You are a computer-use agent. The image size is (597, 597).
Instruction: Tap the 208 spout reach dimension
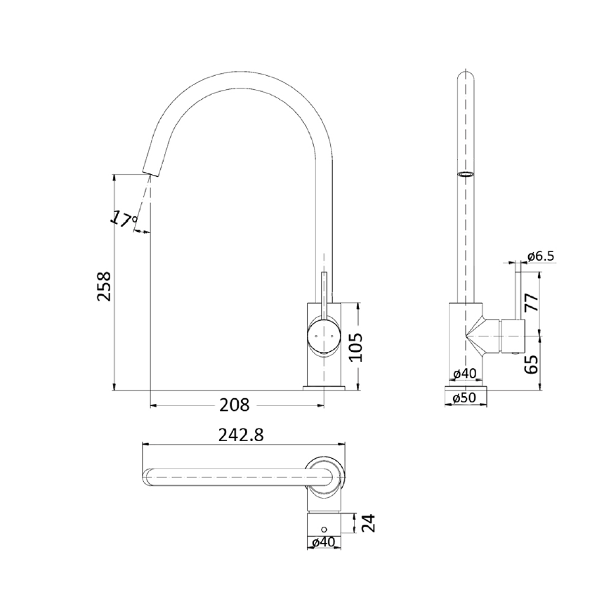click(235, 405)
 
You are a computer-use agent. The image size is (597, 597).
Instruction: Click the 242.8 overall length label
click(240, 435)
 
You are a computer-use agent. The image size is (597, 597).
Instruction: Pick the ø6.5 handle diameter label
click(541, 256)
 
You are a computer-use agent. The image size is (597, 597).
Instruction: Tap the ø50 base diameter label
click(465, 398)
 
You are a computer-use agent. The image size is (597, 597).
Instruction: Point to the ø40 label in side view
click(465, 374)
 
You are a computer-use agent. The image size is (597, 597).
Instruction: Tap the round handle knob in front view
click(324, 336)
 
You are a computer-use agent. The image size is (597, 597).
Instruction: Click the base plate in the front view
click(324, 386)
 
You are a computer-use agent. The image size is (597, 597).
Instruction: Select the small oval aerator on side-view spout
click(465, 173)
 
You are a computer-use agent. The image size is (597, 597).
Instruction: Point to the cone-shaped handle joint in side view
click(481, 336)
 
